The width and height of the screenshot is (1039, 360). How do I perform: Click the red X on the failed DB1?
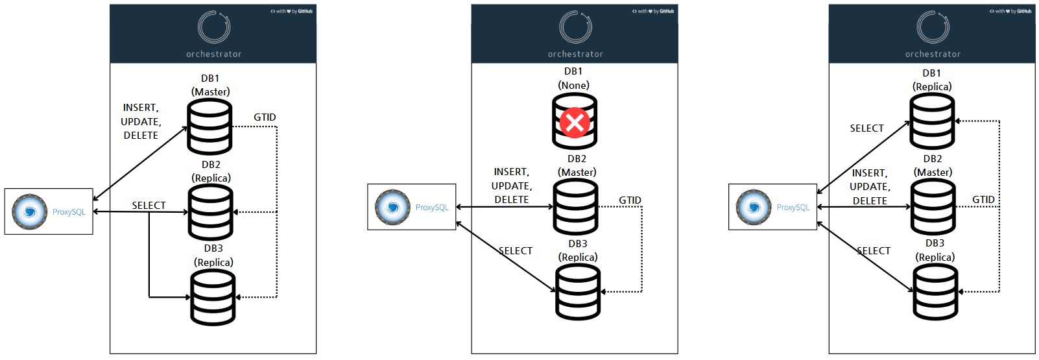click(x=575, y=121)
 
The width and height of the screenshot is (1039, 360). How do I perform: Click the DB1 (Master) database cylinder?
click(x=209, y=127)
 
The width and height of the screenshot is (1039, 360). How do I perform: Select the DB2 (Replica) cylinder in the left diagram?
click(x=210, y=212)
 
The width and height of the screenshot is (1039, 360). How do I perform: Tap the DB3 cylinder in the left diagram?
click(x=213, y=298)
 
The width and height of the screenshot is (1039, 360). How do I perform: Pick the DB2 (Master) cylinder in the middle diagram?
click(x=575, y=207)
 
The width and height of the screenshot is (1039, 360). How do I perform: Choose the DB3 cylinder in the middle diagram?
click(x=578, y=292)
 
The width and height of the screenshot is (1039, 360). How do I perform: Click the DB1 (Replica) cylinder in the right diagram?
click(x=932, y=121)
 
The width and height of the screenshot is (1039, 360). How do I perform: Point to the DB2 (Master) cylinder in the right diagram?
click(x=933, y=207)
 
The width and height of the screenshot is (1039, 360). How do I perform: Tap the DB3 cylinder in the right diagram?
click(x=935, y=292)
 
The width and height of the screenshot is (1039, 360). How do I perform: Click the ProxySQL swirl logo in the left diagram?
click(x=30, y=211)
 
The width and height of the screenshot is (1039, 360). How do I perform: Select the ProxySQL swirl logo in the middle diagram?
click(x=392, y=207)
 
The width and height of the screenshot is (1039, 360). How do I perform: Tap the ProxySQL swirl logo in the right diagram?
click(x=754, y=207)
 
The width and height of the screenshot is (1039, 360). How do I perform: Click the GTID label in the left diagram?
click(x=265, y=117)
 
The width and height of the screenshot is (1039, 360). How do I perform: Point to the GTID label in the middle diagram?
click(x=630, y=200)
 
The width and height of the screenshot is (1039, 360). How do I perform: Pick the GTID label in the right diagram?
click(x=983, y=200)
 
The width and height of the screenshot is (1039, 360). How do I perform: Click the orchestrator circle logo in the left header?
click(x=214, y=27)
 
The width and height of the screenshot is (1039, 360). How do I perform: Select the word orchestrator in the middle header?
click(x=575, y=54)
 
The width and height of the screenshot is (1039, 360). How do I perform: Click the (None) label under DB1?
click(x=574, y=86)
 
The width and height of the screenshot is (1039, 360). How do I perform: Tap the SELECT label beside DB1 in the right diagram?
click(x=866, y=128)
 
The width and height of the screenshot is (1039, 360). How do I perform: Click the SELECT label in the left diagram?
click(x=149, y=206)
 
